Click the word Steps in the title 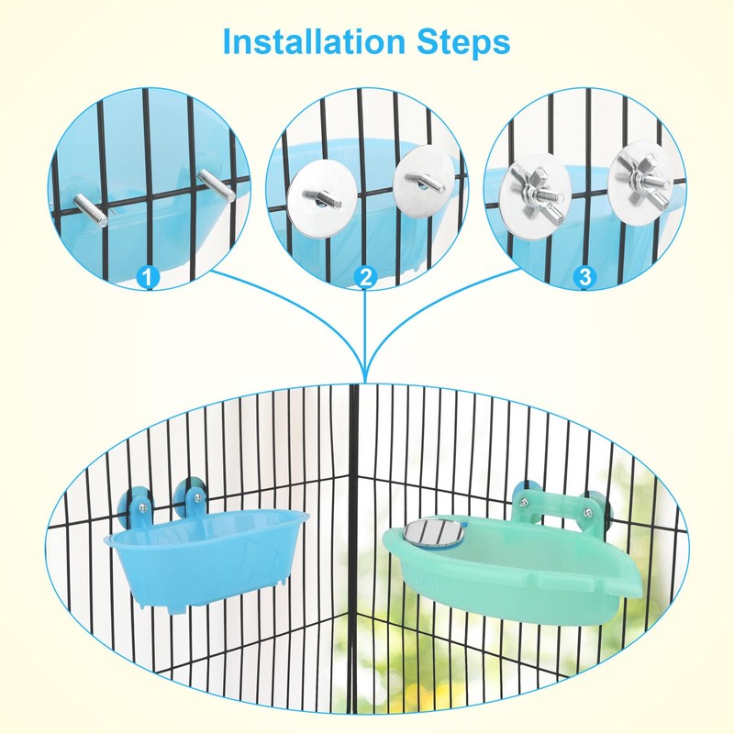(466, 42)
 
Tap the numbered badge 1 (147, 274)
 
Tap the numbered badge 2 (365, 276)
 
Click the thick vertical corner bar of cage (355, 550)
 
